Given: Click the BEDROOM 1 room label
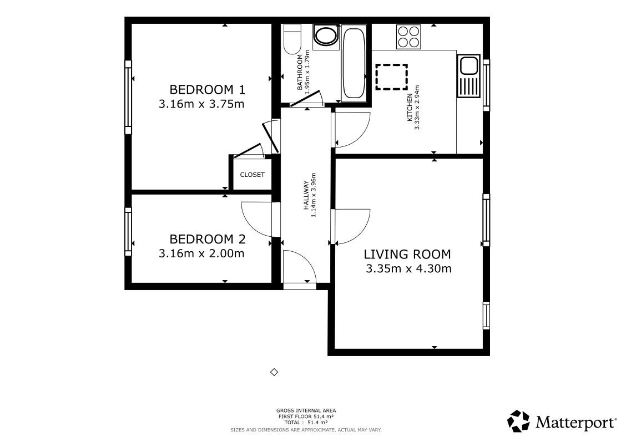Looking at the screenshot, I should [207, 89].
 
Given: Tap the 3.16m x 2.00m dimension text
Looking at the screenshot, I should [201, 253].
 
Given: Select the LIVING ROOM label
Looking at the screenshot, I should [407, 255].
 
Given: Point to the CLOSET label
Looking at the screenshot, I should [252, 175].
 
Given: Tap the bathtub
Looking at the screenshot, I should [354, 63].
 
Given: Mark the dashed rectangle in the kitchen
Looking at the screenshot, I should [392, 77].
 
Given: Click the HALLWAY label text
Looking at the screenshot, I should [306, 195].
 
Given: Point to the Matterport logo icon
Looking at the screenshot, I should [518, 421].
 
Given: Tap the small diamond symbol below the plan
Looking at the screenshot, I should [274, 372].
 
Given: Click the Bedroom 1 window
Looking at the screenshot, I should [128, 97].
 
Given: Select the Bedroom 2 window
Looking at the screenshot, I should [128, 231].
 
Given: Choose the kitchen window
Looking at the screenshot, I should [487, 85].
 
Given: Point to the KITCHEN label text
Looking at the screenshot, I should [410, 108].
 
